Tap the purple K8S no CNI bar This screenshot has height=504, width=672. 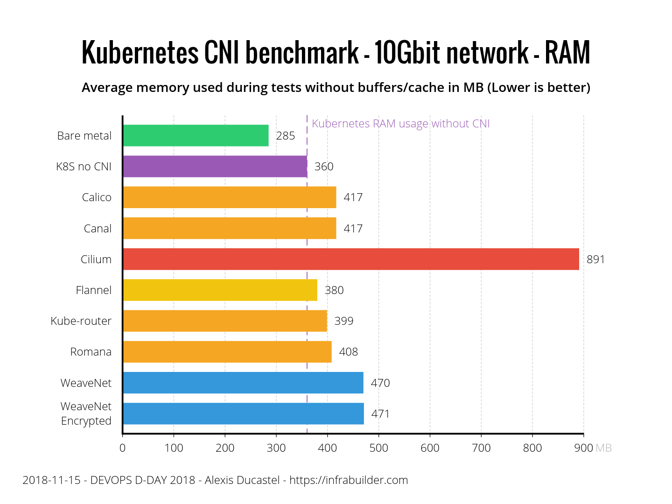215,167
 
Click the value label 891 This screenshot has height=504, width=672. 595,259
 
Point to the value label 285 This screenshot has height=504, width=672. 286,136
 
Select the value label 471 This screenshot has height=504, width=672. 380,414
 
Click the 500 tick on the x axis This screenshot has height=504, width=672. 378,448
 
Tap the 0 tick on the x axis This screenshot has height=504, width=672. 122,448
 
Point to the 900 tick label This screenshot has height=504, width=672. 584,448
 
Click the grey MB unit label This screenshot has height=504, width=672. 604,448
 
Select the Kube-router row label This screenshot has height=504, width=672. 81,321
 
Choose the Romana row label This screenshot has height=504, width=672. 91,352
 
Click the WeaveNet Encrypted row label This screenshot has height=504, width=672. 86,413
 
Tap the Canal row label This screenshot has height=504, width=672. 98,229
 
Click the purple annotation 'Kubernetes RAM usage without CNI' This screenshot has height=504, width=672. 401,124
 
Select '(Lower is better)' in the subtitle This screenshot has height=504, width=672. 539,88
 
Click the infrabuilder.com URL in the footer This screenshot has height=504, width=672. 349,480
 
